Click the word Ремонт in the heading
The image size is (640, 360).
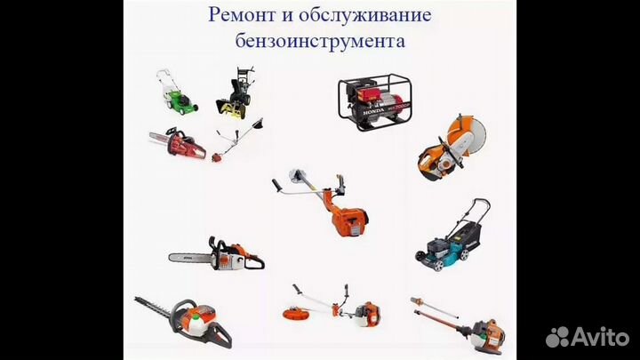[240, 15]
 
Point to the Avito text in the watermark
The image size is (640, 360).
[600, 336]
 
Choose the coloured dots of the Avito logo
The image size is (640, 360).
[558, 337]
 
